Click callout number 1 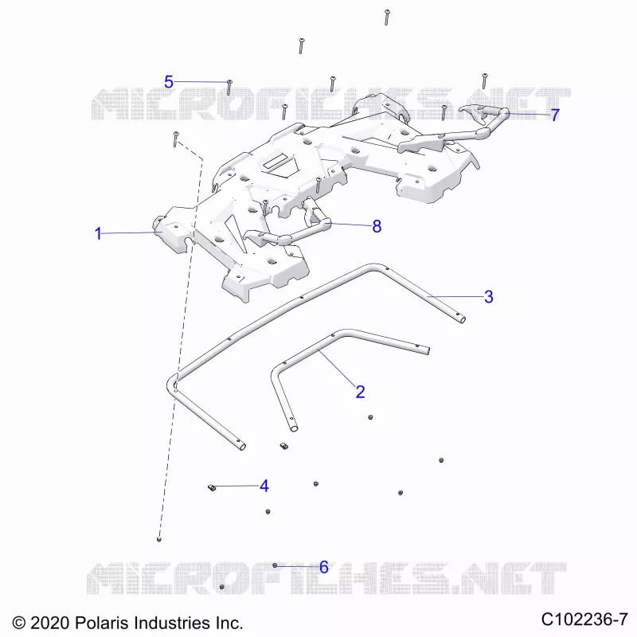click(x=98, y=233)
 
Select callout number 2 click(x=361, y=392)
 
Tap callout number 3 click(x=489, y=296)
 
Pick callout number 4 click(x=264, y=486)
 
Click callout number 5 click(x=169, y=82)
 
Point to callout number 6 click(x=324, y=567)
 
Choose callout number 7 click(x=555, y=115)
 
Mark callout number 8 click(x=377, y=226)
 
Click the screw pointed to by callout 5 click(x=229, y=88)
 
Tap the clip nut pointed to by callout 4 click(x=212, y=487)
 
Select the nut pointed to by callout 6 click(x=275, y=565)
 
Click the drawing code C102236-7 click(x=584, y=619)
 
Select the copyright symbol click(x=19, y=623)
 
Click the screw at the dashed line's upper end click(x=176, y=139)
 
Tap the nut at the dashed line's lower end click(x=158, y=539)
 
